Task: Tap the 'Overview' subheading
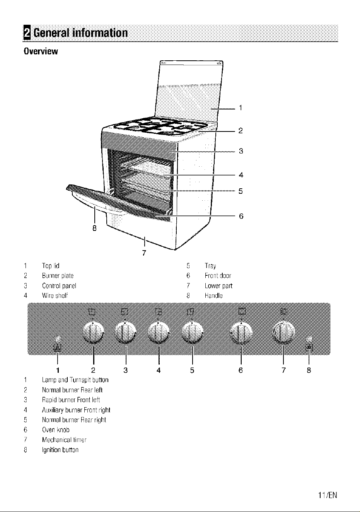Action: click(41, 51)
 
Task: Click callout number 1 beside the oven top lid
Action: click(241, 108)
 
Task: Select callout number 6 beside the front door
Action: click(241, 216)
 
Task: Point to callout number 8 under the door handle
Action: click(94, 228)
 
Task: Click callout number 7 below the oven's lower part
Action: click(144, 253)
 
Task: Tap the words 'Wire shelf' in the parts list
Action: click(55, 295)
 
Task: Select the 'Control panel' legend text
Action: click(59, 286)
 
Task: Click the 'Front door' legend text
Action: click(218, 276)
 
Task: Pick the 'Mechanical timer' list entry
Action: click(64, 440)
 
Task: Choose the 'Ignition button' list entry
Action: click(60, 450)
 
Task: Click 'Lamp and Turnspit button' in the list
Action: click(75, 380)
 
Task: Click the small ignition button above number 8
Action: click(309, 339)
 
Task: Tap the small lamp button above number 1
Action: click(58, 339)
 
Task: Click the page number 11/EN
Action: click(328, 495)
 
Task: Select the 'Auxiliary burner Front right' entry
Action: click(76, 410)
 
